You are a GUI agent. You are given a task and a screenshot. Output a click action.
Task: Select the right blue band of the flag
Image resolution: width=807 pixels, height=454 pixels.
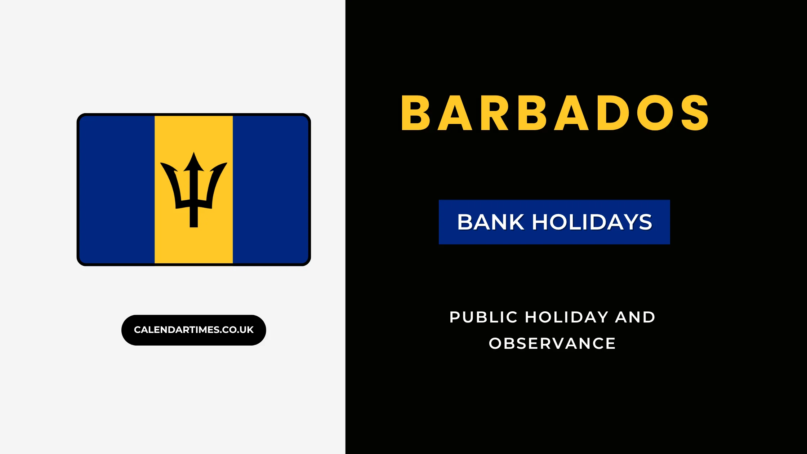(x=270, y=190)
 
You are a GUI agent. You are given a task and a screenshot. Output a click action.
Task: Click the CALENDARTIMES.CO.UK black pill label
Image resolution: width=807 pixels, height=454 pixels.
(x=194, y=330)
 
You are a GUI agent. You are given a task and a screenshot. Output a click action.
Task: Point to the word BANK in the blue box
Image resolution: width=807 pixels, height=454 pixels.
(x=490, y=222)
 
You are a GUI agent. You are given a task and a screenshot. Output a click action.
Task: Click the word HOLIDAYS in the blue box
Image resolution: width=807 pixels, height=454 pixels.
(x=592, y=222)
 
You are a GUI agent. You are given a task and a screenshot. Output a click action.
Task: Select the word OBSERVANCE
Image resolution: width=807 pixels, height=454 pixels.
(x=552, y=344)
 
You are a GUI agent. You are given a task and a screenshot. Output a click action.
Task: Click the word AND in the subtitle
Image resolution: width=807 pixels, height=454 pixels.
(x=635, y=317)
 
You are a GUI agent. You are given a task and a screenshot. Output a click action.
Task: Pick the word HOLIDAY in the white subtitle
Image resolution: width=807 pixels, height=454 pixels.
(x=567, y=317)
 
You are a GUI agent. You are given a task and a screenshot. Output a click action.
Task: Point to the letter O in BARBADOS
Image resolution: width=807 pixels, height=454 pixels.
(x=655, y=113)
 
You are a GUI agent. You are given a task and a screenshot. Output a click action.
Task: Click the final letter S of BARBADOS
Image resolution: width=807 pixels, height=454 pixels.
(x=695, y=113)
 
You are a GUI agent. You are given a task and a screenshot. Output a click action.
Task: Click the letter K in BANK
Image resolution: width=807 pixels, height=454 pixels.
(x=516, y=222)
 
